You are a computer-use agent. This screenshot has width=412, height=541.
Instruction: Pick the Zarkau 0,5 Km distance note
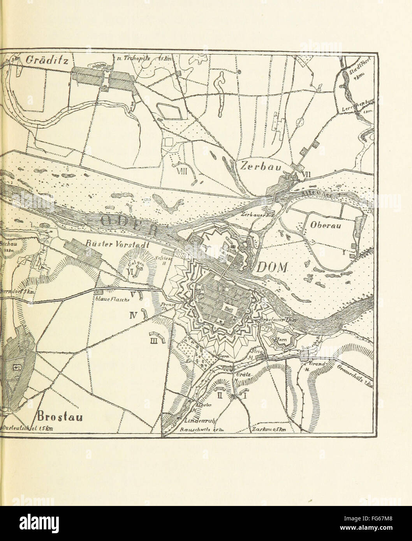click(x=269, y=430)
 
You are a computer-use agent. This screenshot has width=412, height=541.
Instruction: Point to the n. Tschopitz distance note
click(x=144, y=59)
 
